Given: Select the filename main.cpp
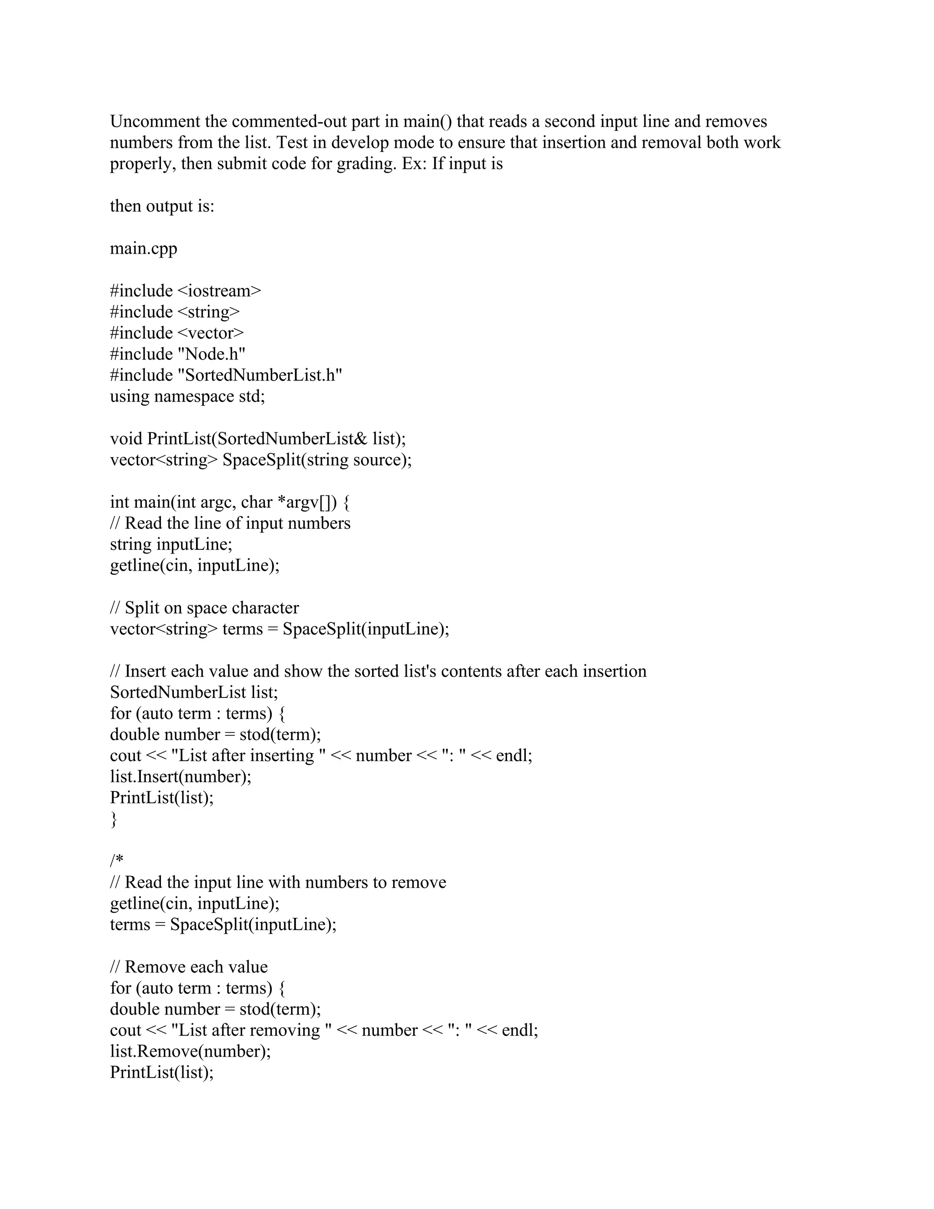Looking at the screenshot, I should [x=143, y=248].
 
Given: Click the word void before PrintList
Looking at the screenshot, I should [x=126, y=438].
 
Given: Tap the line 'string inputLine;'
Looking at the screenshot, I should [x=171, y=544].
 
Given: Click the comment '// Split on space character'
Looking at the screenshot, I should [x=204, y=608].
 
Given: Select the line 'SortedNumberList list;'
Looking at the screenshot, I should [x=194, y=692].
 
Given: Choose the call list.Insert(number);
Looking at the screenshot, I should [x=181, y=776].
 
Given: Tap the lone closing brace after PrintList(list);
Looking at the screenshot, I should [x=114, y=819].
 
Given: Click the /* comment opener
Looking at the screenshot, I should [x=116, y=861].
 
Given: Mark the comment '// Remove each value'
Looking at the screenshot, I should [x=189, y=967].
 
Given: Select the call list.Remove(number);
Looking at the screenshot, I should [x=190, y=1051].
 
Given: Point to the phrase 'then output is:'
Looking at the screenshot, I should [x=161, y=206].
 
